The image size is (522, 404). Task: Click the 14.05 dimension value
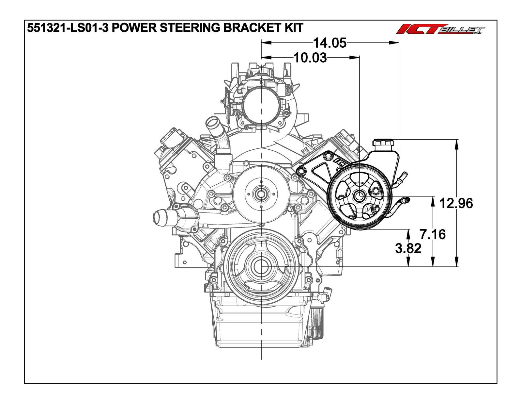[x=330, y=42]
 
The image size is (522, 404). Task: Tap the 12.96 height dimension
[x=456, y=203]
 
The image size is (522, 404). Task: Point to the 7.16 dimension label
[x=433, y=234]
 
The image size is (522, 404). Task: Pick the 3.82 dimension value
[x=408, y=248]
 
